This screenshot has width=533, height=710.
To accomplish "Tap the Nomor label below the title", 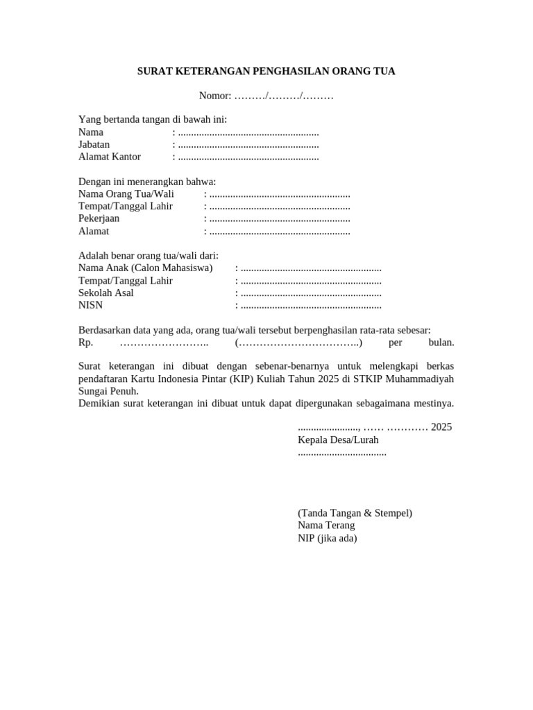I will click(214, 96).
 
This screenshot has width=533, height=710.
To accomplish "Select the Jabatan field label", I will click(94, 144).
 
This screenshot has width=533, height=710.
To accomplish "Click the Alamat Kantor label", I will click(110, 157).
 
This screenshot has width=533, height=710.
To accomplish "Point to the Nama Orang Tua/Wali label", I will click(126, 194).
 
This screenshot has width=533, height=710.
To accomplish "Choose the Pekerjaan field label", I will click(99, 219).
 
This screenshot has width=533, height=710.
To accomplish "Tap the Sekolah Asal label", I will click(106, 293).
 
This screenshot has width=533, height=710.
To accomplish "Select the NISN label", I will click(90, 305).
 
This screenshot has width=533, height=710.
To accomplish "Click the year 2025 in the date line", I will click(441, 427).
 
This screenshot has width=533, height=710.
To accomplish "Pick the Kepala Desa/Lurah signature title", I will click(338, 440).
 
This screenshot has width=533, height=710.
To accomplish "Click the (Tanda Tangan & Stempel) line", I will click(355, 513).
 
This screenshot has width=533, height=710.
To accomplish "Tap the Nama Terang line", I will click(326, 526).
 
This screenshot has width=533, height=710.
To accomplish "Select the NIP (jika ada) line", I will click(328, 538).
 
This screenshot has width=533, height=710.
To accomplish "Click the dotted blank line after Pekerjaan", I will click(280, 220).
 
